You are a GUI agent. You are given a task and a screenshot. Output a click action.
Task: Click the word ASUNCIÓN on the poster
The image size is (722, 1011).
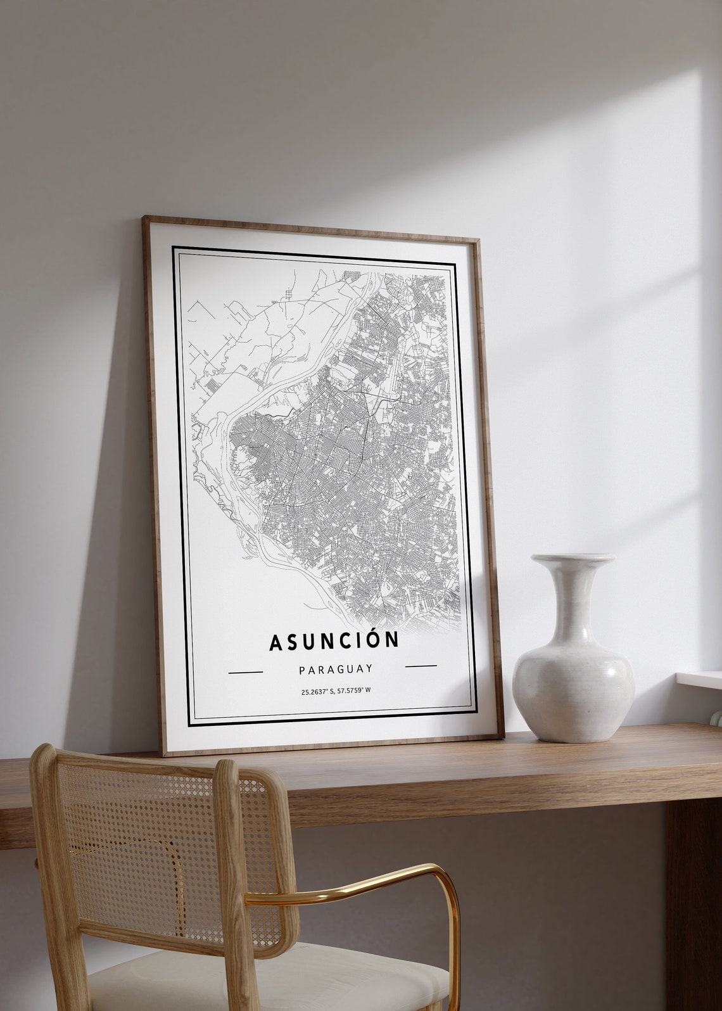coord(334,640)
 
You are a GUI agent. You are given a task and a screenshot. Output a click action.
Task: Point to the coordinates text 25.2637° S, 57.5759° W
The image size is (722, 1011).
coord(336,690)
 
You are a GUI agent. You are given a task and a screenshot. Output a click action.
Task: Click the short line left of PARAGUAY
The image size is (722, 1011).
coord(245,671)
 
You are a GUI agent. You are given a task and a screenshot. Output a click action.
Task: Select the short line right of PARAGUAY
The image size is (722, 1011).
coord(421,666)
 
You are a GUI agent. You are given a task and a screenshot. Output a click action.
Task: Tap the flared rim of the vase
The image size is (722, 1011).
coord(573,559)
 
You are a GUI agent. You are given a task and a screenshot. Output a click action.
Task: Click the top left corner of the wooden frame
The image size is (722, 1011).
coord(145,219)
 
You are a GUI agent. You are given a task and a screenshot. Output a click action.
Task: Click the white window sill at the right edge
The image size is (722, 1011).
coord(700,678)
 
